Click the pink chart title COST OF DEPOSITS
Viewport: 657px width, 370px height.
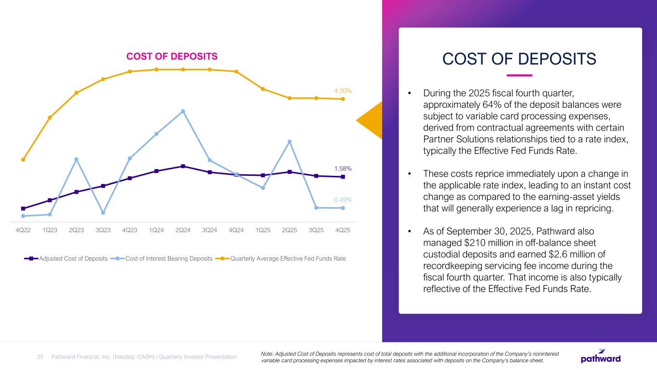(x=172, y=56)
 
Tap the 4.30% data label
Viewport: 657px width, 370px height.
(x=343, y=91)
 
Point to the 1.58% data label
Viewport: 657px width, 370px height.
(x=343, y=169)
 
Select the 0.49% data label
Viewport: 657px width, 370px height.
(x=343, y=199)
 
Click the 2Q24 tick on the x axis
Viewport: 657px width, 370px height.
(x=183, y=230)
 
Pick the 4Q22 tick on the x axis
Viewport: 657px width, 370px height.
(x=23, y=230)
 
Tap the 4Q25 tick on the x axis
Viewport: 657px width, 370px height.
(x=342, y=230)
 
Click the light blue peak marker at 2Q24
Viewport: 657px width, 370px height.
(x=183, y=111)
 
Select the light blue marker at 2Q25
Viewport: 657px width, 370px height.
(x=290, y=142)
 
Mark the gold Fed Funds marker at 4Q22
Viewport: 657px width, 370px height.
(x=23, y=159)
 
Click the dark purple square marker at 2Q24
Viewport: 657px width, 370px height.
(x=183, y=166)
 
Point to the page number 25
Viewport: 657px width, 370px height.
(x=40, y=357)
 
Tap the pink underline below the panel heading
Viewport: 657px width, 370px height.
(x=520, y=75)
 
